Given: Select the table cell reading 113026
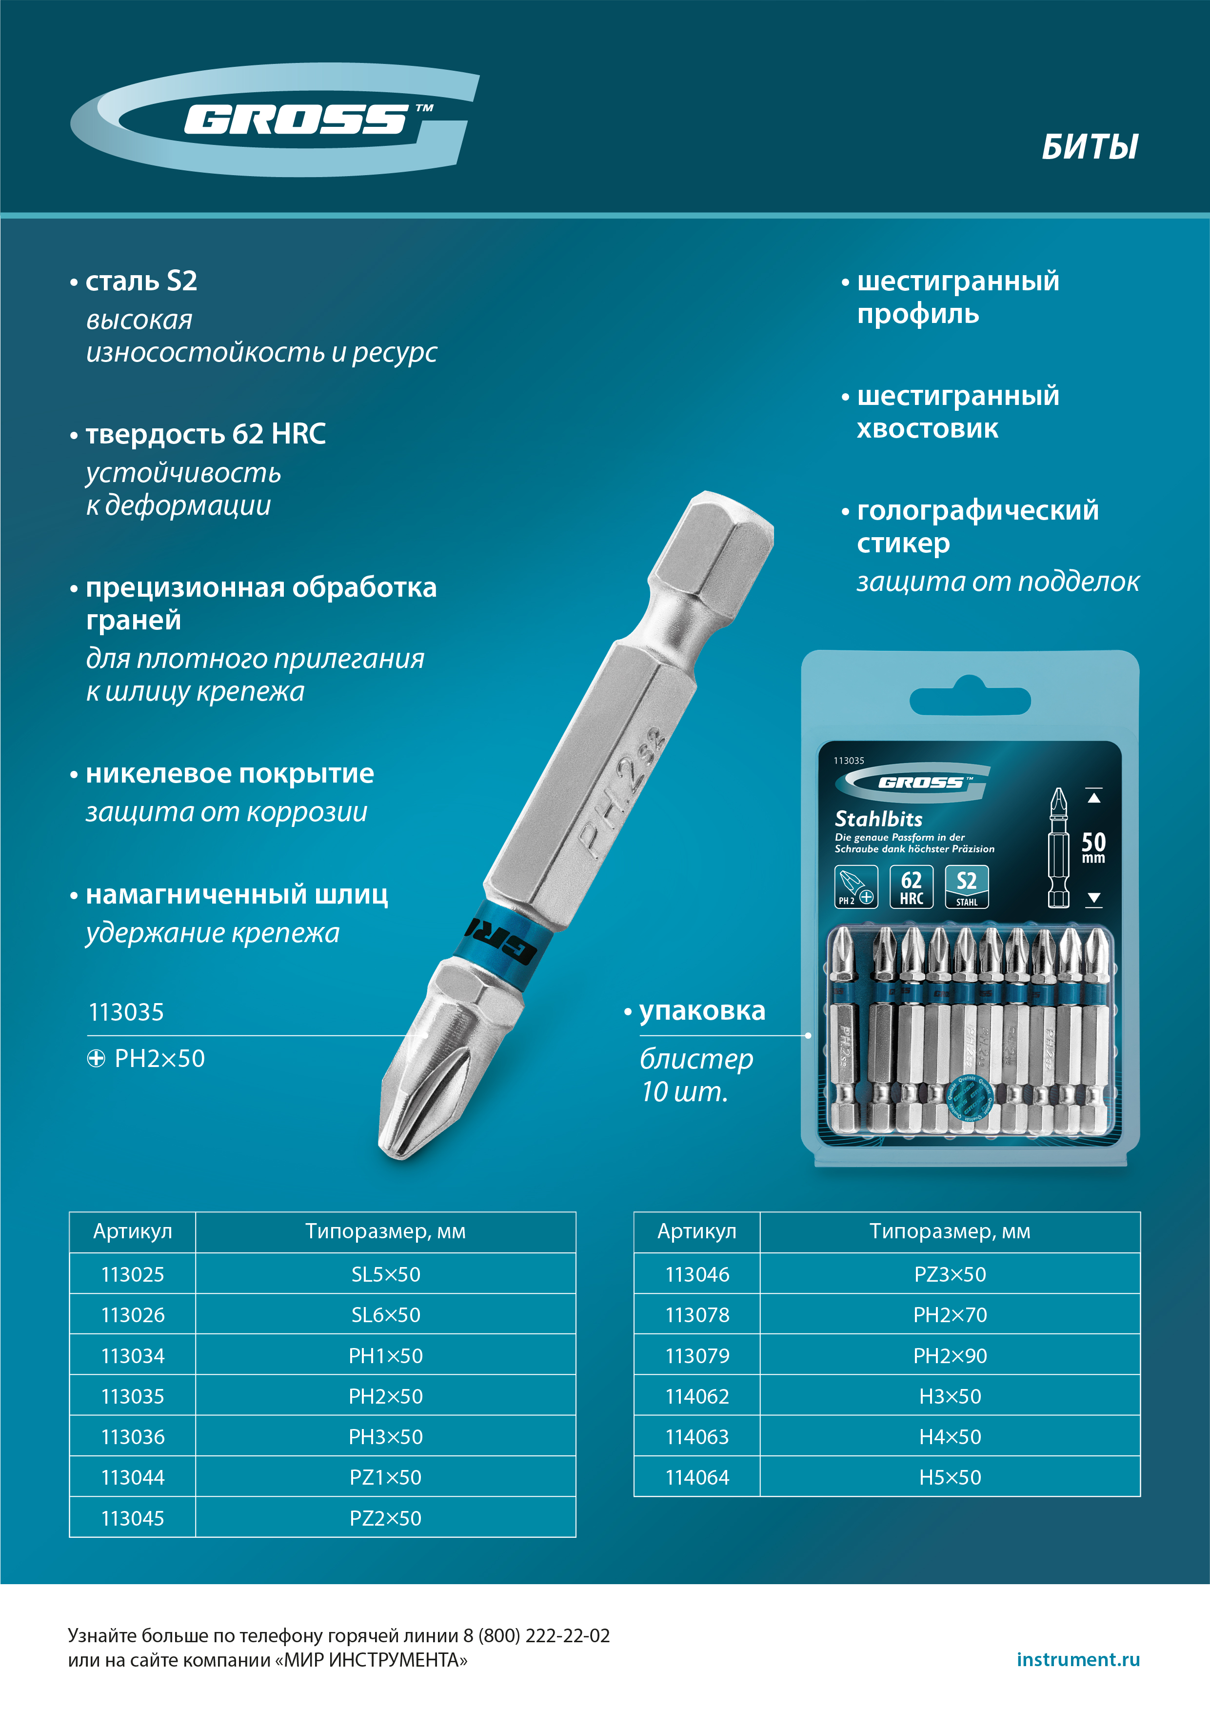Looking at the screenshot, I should [133, 1314].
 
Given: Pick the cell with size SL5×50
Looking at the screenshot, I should [385, 1274].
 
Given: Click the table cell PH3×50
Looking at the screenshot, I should [385, 1437].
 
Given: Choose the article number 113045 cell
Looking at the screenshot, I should [133, 1518].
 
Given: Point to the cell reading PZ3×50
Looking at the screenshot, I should [950, 1274].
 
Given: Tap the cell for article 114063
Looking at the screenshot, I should [697, 1437].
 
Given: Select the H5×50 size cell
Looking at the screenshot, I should [950, 1477].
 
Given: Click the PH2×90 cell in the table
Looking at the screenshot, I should [950, 1355].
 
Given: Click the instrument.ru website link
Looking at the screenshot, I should [1078, 1659].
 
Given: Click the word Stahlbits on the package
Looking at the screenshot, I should [878, 819].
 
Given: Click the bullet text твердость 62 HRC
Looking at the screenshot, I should [205, 434].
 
